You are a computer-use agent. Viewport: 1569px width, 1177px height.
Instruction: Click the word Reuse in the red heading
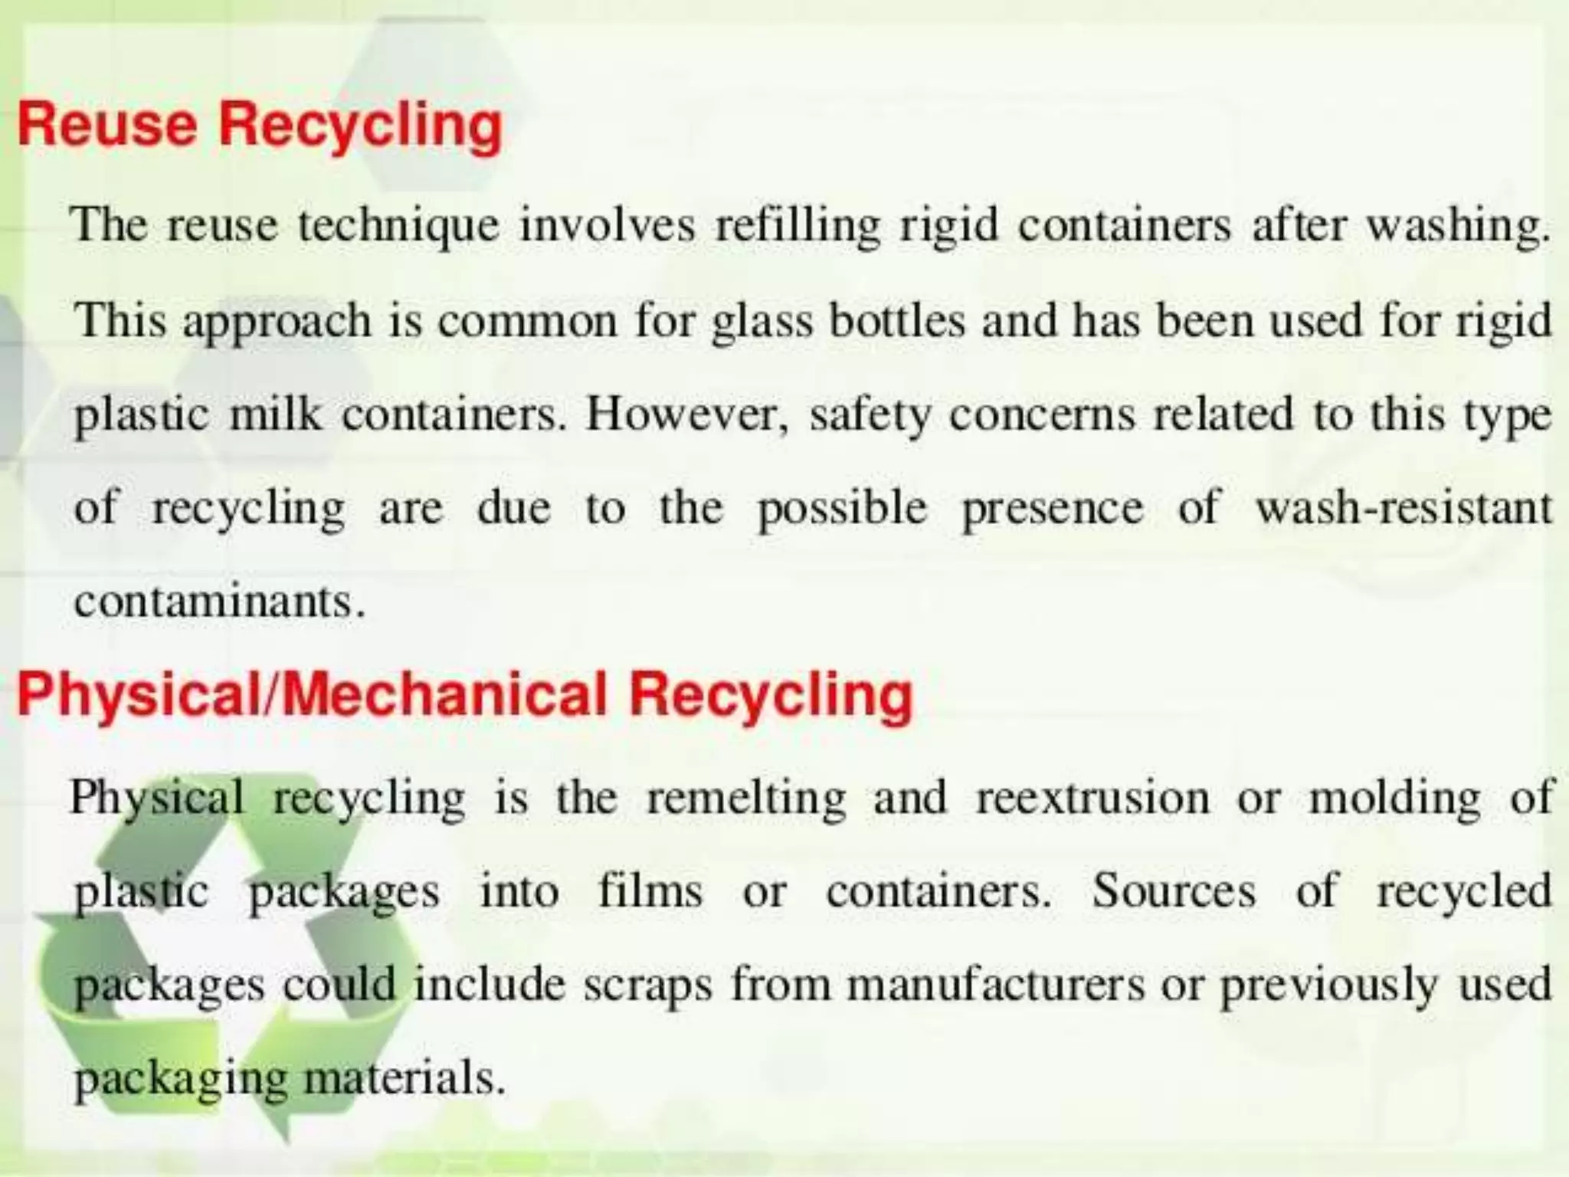(107, 124)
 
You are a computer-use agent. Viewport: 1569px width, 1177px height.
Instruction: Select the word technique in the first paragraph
(398, 227)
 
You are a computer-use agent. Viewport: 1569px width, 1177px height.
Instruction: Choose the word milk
(276, 415)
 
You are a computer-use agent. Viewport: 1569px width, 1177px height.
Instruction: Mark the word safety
(870, 416)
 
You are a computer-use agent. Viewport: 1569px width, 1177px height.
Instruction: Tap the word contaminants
(218, 602)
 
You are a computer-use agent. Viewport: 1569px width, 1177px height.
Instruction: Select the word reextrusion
(1092, 797)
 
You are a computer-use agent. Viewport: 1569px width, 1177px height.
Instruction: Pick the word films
(650, 891)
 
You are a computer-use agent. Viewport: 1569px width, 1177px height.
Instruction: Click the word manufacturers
(995, 985)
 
